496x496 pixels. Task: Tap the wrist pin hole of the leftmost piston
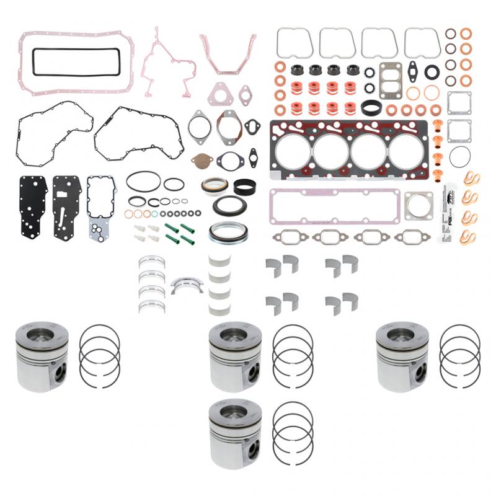[58, 373]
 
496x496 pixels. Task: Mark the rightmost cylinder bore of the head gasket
[406, 152]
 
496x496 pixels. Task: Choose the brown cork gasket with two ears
[205, 160]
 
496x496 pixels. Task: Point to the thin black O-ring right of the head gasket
[459, 156]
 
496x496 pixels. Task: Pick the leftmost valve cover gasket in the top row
[294, 42]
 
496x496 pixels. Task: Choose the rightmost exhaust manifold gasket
[410, 236]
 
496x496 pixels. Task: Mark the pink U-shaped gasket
[228, 55]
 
